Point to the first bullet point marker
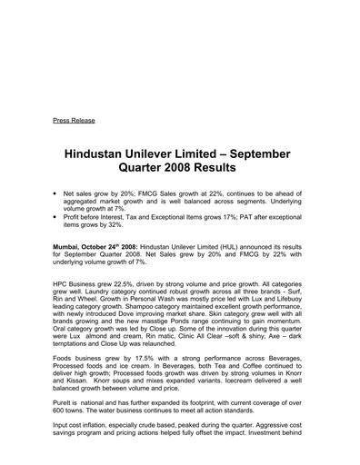tap(56, 195)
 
